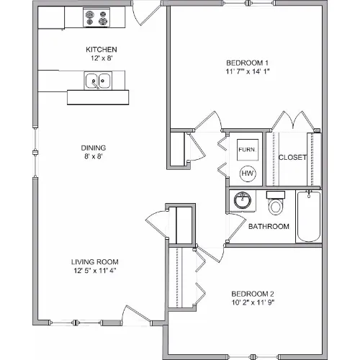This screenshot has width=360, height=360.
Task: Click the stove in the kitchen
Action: pos(96,17)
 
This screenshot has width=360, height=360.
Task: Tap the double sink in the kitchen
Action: pos(98,81)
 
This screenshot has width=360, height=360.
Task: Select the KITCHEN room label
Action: pos(102,50)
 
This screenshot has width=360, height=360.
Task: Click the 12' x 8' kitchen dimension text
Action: pos(102,58)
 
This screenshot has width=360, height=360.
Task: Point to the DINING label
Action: pos(94,148)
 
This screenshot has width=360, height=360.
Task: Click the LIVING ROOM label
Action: pos(95,262)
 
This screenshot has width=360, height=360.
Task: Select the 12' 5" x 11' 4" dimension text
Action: pos(95,271)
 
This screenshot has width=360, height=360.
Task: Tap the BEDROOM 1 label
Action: pos(247,63)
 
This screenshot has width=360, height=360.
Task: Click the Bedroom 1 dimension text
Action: pos(248,71)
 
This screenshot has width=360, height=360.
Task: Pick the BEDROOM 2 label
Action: pos(253,294)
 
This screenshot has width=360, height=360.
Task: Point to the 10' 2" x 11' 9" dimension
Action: pos(253,302)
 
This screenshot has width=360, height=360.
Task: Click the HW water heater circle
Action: pos(248,174)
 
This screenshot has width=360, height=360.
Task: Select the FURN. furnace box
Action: pos(248,150)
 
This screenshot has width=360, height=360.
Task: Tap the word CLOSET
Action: pos(292,158)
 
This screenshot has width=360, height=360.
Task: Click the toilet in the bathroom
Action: pos(276,203)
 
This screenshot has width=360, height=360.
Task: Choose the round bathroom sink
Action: pos(243,200)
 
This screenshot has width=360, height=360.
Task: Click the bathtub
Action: pos(309,216)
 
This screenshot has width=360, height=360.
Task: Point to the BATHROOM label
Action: pos(269,227)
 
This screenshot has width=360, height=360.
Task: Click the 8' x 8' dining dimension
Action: pos(94,156)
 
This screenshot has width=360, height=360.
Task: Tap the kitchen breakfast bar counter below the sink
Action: pos(98,97)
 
